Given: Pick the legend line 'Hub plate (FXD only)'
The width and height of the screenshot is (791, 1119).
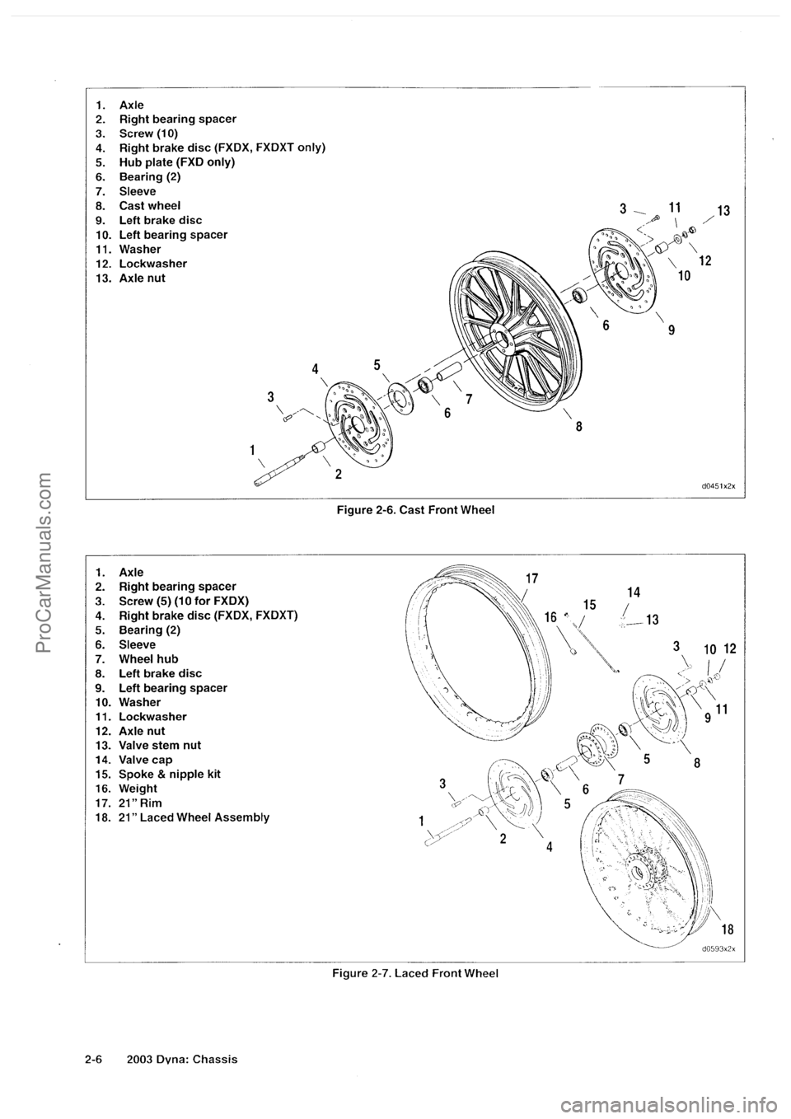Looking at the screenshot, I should (x=165, y=162).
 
